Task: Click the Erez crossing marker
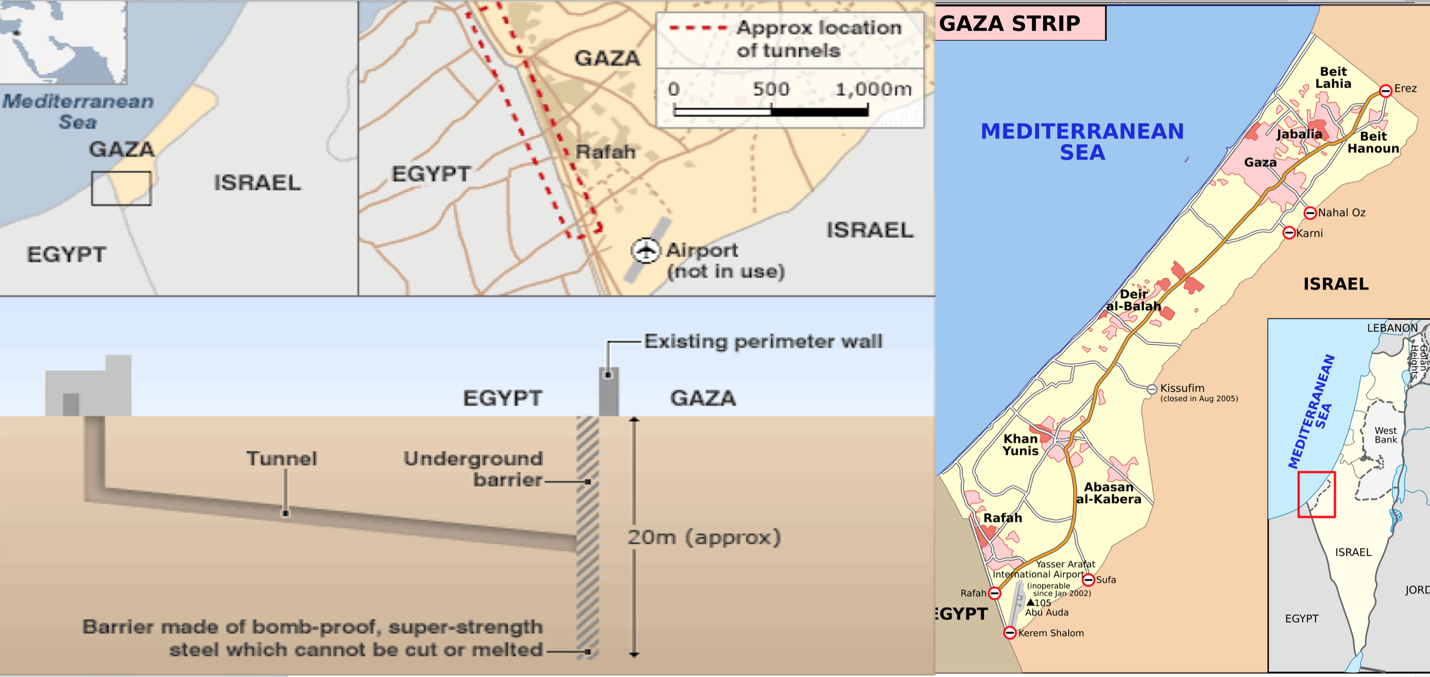1386,90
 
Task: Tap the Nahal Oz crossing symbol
1310,212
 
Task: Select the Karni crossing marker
1289,233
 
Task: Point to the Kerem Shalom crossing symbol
1010,633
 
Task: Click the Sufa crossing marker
1088,580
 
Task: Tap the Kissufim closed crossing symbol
1152,389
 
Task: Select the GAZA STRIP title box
1020,23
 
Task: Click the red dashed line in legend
698,28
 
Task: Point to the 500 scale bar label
771,89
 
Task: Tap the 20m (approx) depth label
704,537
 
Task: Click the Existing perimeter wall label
763,341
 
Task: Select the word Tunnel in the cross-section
282,458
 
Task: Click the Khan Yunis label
1020,445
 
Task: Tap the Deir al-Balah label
1134,300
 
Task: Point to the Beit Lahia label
1333,78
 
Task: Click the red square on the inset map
1316,494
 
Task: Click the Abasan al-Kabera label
1109,493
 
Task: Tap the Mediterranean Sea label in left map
78,112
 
